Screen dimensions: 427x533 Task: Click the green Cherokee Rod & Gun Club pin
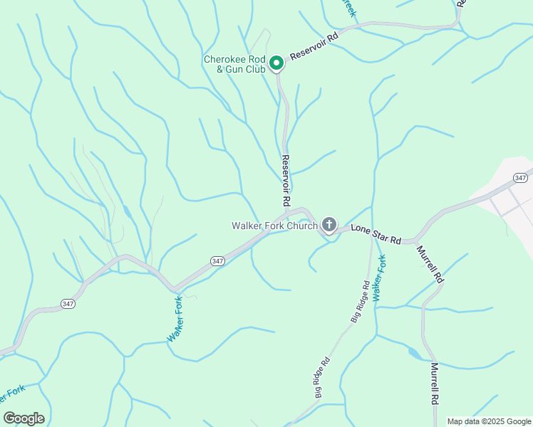(276, 63)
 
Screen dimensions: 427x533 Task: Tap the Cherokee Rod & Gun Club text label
(234, 64)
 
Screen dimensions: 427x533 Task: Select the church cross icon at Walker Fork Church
(328, 225)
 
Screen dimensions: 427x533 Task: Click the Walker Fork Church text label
(274, 226)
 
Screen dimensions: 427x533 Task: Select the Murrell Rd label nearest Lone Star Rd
(430, 265)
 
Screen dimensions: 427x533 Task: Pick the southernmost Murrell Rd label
(434, 384)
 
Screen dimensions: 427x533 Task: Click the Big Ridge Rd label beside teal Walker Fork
(360, 302)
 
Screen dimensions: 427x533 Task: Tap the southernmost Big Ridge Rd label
(320, 376)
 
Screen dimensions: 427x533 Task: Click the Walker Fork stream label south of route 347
(175, 320)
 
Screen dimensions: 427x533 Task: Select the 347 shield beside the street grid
(520, 177)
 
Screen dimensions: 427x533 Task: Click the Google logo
(24, 418)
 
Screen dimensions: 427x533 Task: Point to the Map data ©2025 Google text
(488, 421)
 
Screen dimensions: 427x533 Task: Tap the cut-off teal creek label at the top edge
(348, 8)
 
